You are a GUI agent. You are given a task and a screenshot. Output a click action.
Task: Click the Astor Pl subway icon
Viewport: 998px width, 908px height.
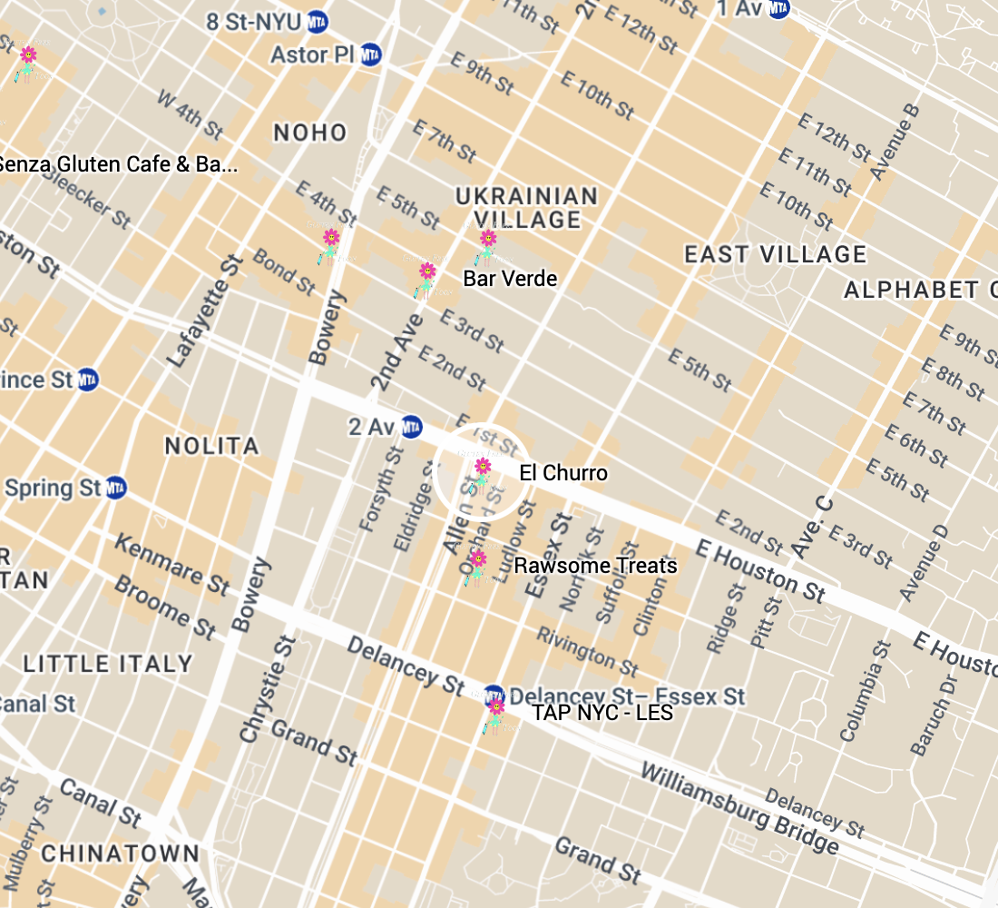pos(370,54)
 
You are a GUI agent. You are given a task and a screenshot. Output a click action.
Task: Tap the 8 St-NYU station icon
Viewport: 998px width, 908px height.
pos(318,20)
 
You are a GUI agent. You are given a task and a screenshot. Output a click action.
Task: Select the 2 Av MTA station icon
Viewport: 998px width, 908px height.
pos(412,426)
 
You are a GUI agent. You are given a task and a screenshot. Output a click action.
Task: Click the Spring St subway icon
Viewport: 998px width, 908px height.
pos(115,489)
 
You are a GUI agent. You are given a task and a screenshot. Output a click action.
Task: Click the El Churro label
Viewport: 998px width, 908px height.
pos(563,473)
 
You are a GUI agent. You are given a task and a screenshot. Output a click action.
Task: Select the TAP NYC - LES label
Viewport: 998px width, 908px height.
pos(602,713)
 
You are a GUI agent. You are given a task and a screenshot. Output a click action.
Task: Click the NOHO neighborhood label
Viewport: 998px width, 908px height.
pos(310,133)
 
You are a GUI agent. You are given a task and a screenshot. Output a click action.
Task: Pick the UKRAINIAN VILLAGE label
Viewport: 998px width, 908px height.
pos(526,207)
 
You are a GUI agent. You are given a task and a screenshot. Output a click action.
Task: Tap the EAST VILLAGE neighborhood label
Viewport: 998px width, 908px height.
pos(776,254)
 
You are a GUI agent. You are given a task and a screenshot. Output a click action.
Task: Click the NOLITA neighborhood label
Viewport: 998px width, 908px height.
pos(212,446)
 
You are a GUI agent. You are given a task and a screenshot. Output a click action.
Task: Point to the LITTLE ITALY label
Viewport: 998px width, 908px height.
pos(108,664)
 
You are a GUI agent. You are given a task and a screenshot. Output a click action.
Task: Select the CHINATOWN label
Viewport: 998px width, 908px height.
pos(120,854)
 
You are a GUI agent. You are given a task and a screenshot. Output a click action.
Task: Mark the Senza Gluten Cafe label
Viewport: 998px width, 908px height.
pos(118,164)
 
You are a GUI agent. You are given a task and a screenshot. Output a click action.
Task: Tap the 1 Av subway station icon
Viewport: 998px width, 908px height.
pos(778,8)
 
